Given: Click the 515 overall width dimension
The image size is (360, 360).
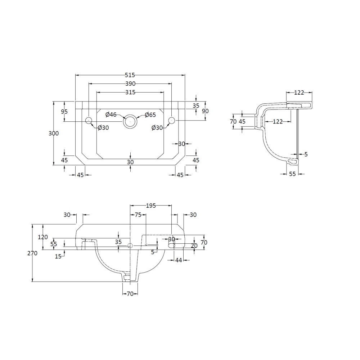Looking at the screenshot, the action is [130, 75].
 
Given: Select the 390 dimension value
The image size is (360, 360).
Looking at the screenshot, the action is [130, 84].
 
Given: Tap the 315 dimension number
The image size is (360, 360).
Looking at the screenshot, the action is [130, 92].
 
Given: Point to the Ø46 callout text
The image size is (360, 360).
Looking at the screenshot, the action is [111, 114].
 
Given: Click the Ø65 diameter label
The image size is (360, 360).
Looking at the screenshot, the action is [150, 115].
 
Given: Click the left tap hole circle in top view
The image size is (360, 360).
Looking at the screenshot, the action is [89, 120].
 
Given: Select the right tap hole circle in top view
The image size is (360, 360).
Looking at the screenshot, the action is [172, 120].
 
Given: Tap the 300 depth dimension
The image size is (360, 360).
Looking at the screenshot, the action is [54, 134].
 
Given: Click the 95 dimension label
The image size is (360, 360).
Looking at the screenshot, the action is [64, 112].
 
